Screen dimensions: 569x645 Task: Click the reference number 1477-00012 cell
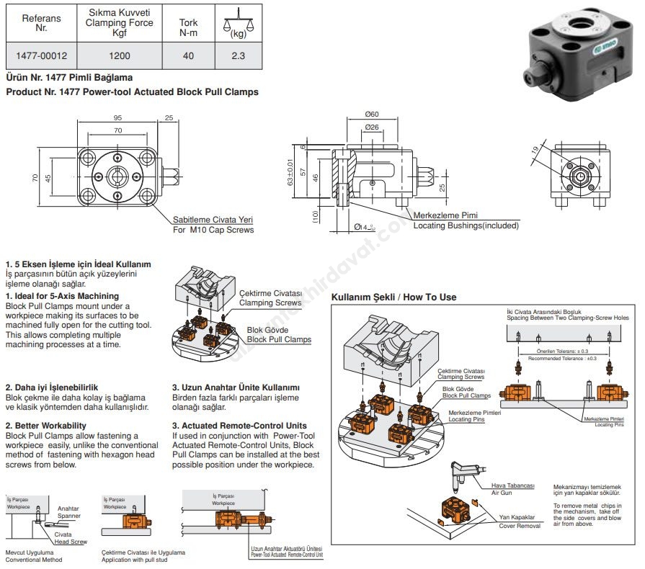(x=42, y=55)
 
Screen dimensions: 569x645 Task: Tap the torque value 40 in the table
(x=188, y=55)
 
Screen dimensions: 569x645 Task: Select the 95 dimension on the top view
(x=117, y=118)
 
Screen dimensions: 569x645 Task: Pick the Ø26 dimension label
(x=372, y=127)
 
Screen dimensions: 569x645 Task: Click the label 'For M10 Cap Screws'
(x=213, y=230)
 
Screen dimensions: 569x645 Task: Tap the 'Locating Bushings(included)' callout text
(x=466, y=225)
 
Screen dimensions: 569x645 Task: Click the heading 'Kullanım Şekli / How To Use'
(x=393, y=297)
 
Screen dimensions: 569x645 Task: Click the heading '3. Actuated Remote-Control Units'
(x=239, y=426)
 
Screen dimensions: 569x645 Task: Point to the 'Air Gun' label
(x=502, y=493)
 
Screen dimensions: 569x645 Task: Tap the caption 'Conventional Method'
(x=34, y=560)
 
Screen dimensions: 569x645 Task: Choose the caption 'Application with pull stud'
(x=134, y=560)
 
